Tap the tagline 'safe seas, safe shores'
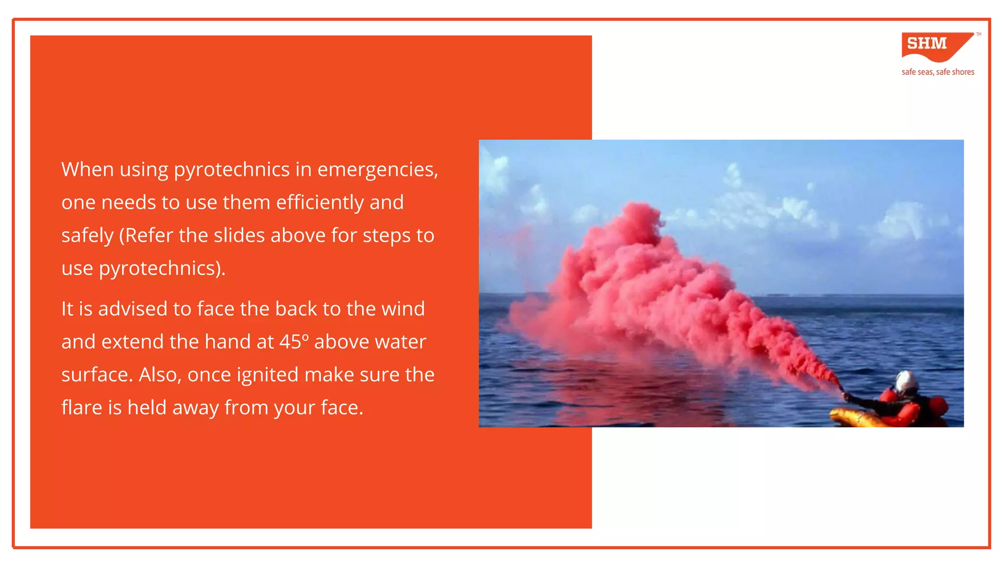click(938, 72)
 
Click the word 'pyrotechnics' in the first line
click(231, 170)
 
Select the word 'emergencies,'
click(378, 170)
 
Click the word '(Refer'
click(146, 235)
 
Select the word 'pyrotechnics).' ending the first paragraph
click(162, 269)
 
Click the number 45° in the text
click(294, 342)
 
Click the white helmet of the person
click(906, 381)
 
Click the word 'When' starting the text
click(87, 170)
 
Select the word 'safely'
click(87, 236)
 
